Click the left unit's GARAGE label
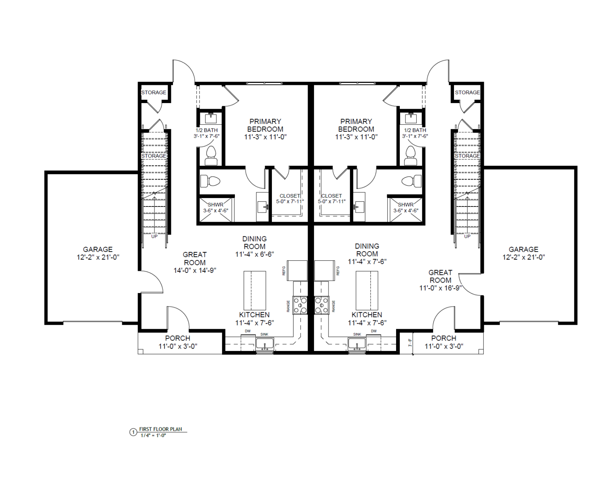(x=98, y=249)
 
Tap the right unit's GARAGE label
(x=524, y=249)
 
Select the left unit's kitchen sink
(x=265, y=344)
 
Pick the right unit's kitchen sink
(x=357, y=344)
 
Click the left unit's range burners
(x=300, y=305)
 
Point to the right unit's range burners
(x=322, y=305)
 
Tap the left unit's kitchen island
(x=255, y=291)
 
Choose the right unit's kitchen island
(x=367, y=291)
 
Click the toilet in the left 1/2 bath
(x=211, y=155)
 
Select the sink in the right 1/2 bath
(x=411, y=118)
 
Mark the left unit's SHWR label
(x=216, y=205)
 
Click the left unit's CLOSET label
(x=290, y=196)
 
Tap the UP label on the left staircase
(x=154, y=237)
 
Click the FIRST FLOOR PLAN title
(x=160, y=429)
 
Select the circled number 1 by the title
(x=134, y=432)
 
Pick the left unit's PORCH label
(x=178, y=339)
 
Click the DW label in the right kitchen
(x=374, y=331)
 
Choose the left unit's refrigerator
(x=297, y=271)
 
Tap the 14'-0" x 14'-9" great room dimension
(x=195, y=270)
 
